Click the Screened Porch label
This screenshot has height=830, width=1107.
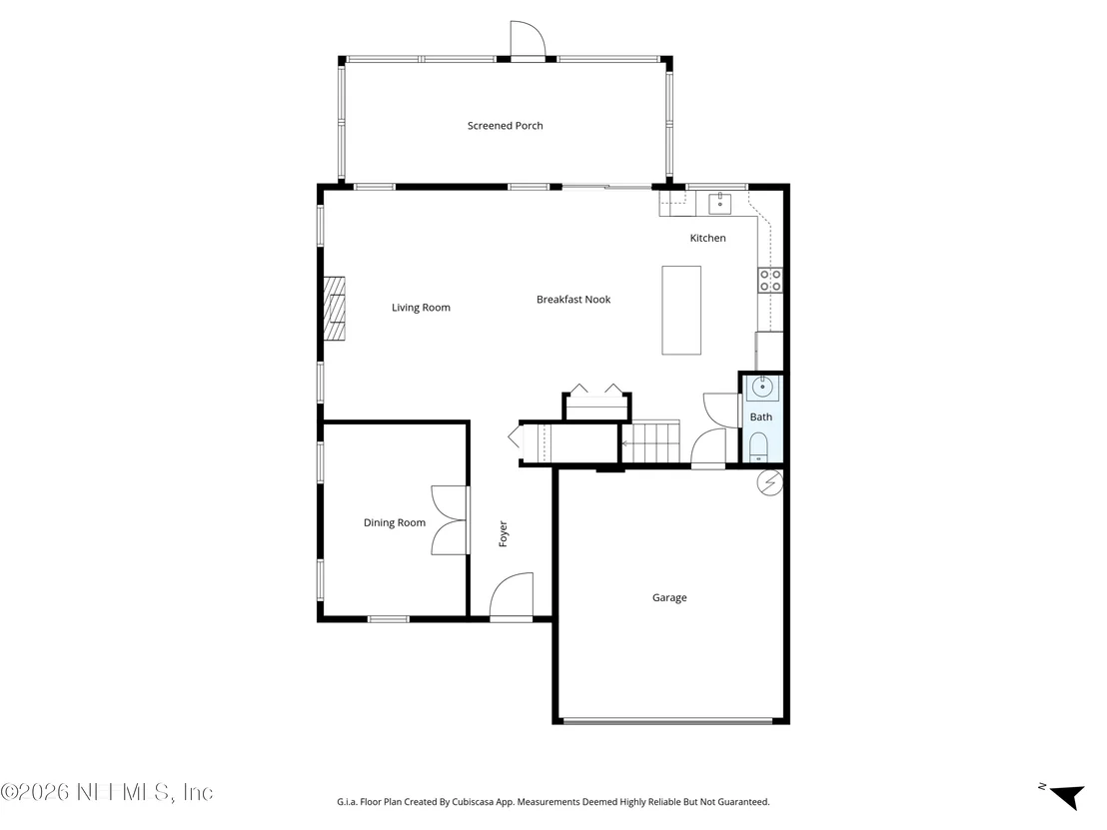click(505, 126)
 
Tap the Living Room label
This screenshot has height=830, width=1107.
click(421, 307)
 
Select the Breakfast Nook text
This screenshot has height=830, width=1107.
click(573, 300)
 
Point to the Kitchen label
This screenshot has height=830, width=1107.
click(707, 238)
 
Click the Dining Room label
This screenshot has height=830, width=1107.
click(394, 522)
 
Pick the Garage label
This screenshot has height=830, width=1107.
click(669, 598)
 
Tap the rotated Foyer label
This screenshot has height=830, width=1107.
click(503, 533)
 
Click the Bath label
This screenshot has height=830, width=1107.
click(760, 417)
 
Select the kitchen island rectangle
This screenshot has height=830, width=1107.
click(681, 310)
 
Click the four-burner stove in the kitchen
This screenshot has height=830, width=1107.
click(769, 281)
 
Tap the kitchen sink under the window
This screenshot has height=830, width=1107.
click(719, 204)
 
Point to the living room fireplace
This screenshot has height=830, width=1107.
click(335, 309)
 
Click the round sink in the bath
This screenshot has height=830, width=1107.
click(762, 388)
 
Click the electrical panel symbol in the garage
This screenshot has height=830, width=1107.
click(769, 482)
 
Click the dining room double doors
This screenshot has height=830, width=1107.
click(450, 520)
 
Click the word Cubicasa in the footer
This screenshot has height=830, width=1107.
click(472, 802)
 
